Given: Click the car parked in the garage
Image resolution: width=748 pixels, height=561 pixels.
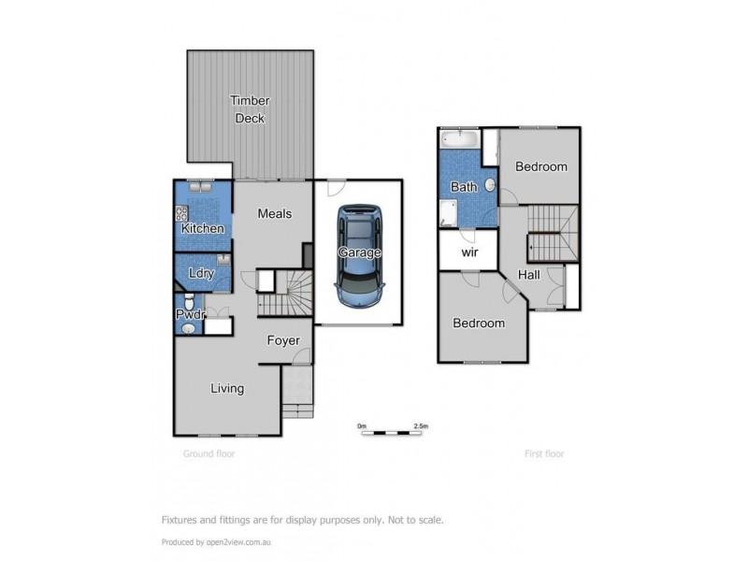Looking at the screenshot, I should coord(358,252).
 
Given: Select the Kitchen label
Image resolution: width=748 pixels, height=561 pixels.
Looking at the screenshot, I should coord(202,228).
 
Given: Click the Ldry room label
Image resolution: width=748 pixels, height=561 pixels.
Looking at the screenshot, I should coord(199,273).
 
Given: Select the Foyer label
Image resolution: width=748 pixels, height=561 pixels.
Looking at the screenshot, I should coord(282,340).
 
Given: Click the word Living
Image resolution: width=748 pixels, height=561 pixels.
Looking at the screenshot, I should coord(226,388).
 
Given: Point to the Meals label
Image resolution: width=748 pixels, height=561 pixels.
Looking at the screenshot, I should coord(274,214).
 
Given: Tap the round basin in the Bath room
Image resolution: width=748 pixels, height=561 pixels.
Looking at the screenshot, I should coord(487,186).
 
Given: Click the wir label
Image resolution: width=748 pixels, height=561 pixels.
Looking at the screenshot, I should coord(467,252).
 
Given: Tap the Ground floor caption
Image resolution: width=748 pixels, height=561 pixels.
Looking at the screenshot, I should coord(209,453).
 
